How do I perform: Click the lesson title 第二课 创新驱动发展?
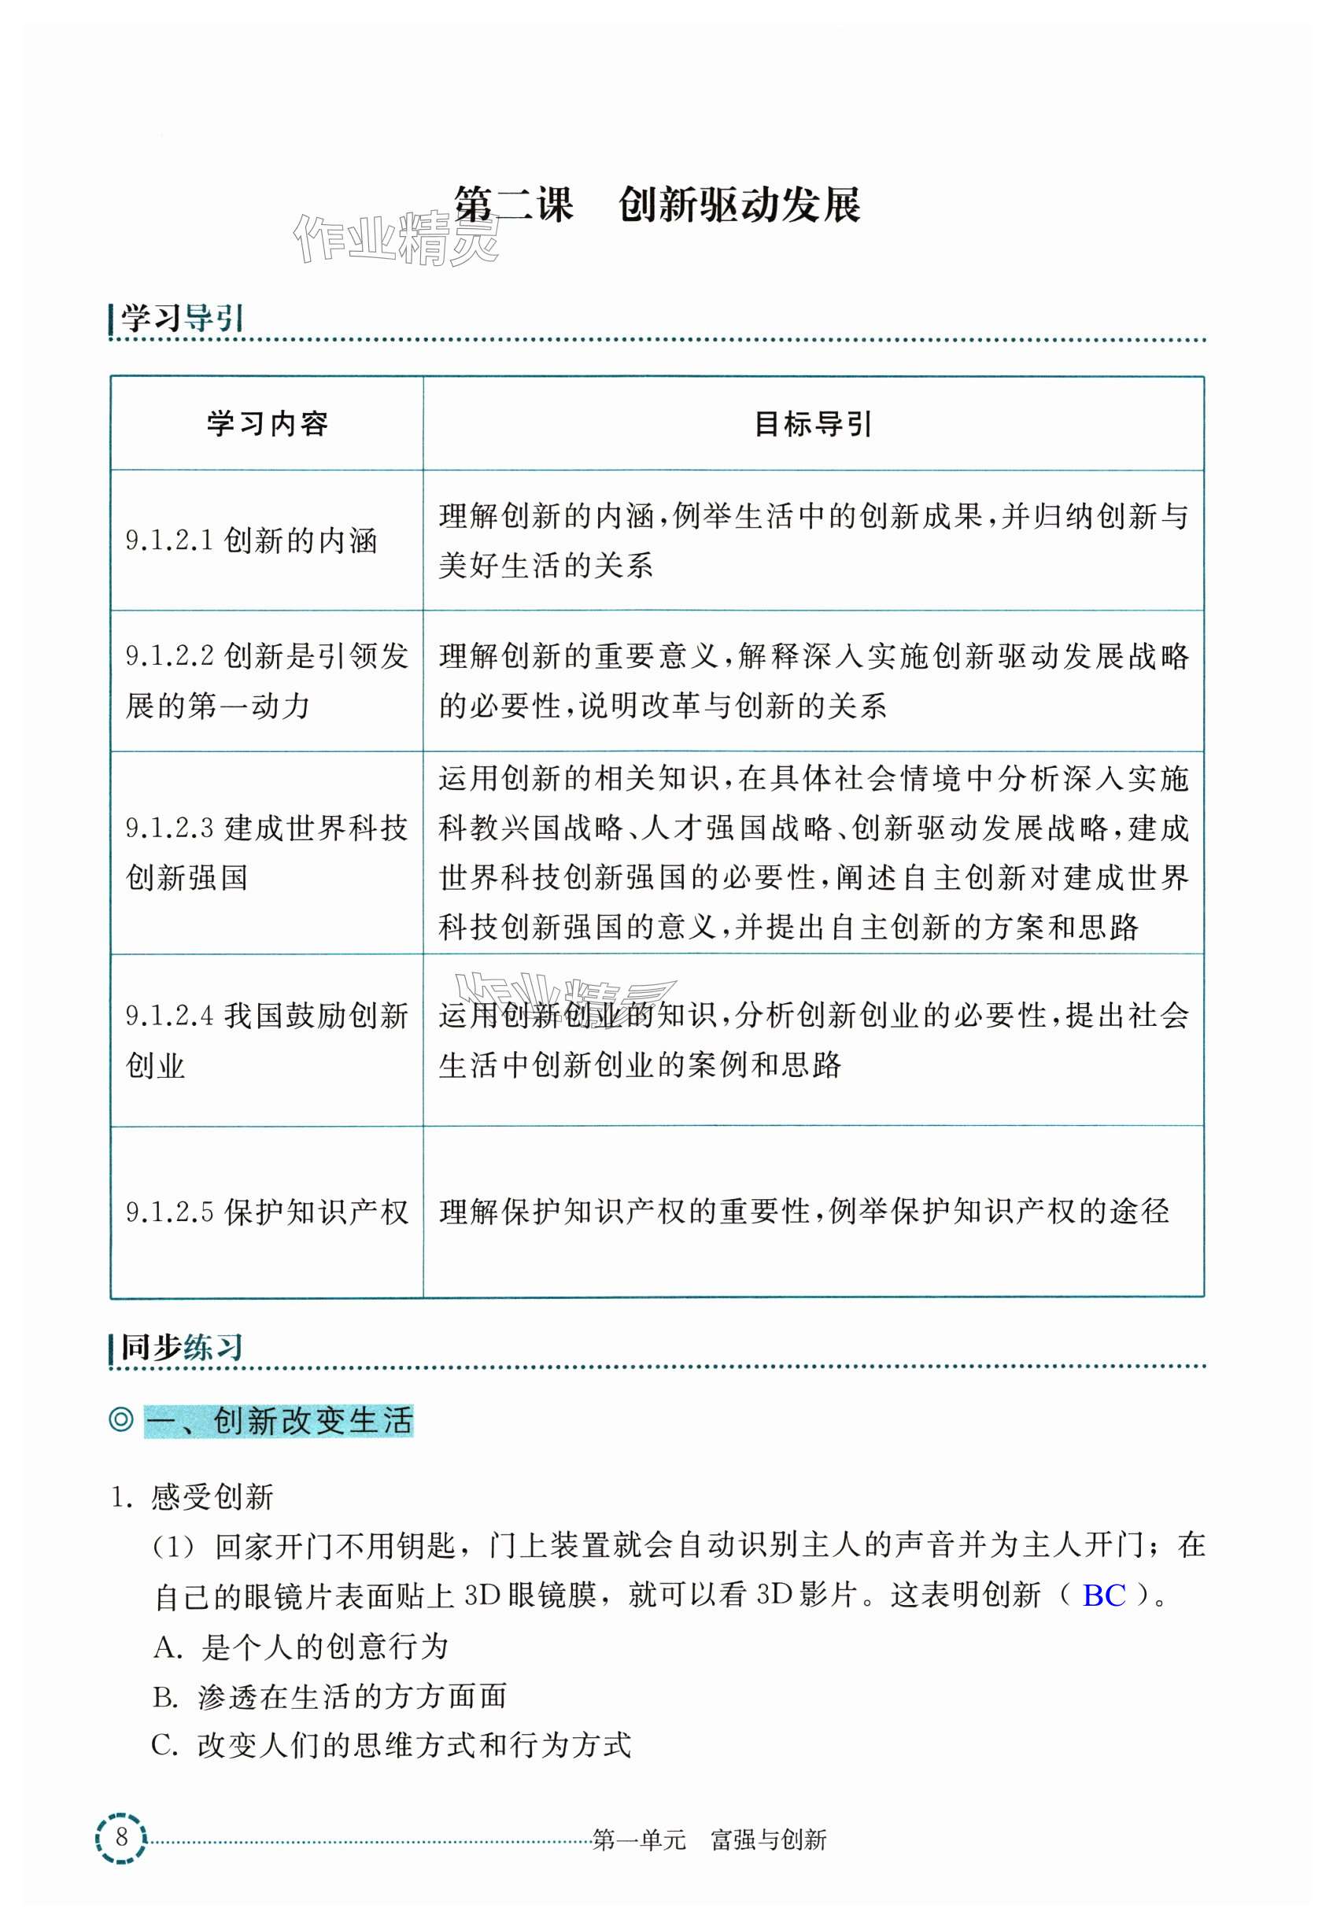point(656,205)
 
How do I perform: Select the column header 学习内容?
point(268,424)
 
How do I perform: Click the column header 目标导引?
point(813,424)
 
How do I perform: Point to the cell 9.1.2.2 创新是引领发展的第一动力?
point(267,681)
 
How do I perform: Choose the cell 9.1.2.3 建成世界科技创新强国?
point(267,852)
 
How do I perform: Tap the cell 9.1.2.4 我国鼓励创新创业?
point(267,1039)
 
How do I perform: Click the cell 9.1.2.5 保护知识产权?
point(267,1212)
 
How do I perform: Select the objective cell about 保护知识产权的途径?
point(803,1212)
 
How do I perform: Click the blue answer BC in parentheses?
point(1103,1596)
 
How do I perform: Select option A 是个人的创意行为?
point(301,1647)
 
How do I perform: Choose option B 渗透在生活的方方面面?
point(330,1695)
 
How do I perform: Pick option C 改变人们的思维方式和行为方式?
point(391,1745)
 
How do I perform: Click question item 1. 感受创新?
point(193,1497)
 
